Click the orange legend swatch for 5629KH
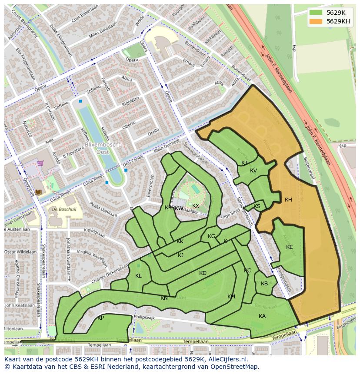[x=316, y=21]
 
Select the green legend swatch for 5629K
[x=316, y=13]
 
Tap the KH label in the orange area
[x=288, y=200]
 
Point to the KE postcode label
[x=289, y=247]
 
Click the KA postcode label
[x=262, y=316]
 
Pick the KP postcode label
[x=100, y=318]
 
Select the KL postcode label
[x=138, y=276]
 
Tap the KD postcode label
[x=203, y=273]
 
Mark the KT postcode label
[x=244, y=163]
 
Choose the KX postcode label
[x=196, y=206]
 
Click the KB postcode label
[x=264, y=284]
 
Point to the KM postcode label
[x=231, y=297]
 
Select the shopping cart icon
[x=40, y=163]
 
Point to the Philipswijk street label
[x=145, y=318]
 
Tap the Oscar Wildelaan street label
[x=20, y=252]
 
